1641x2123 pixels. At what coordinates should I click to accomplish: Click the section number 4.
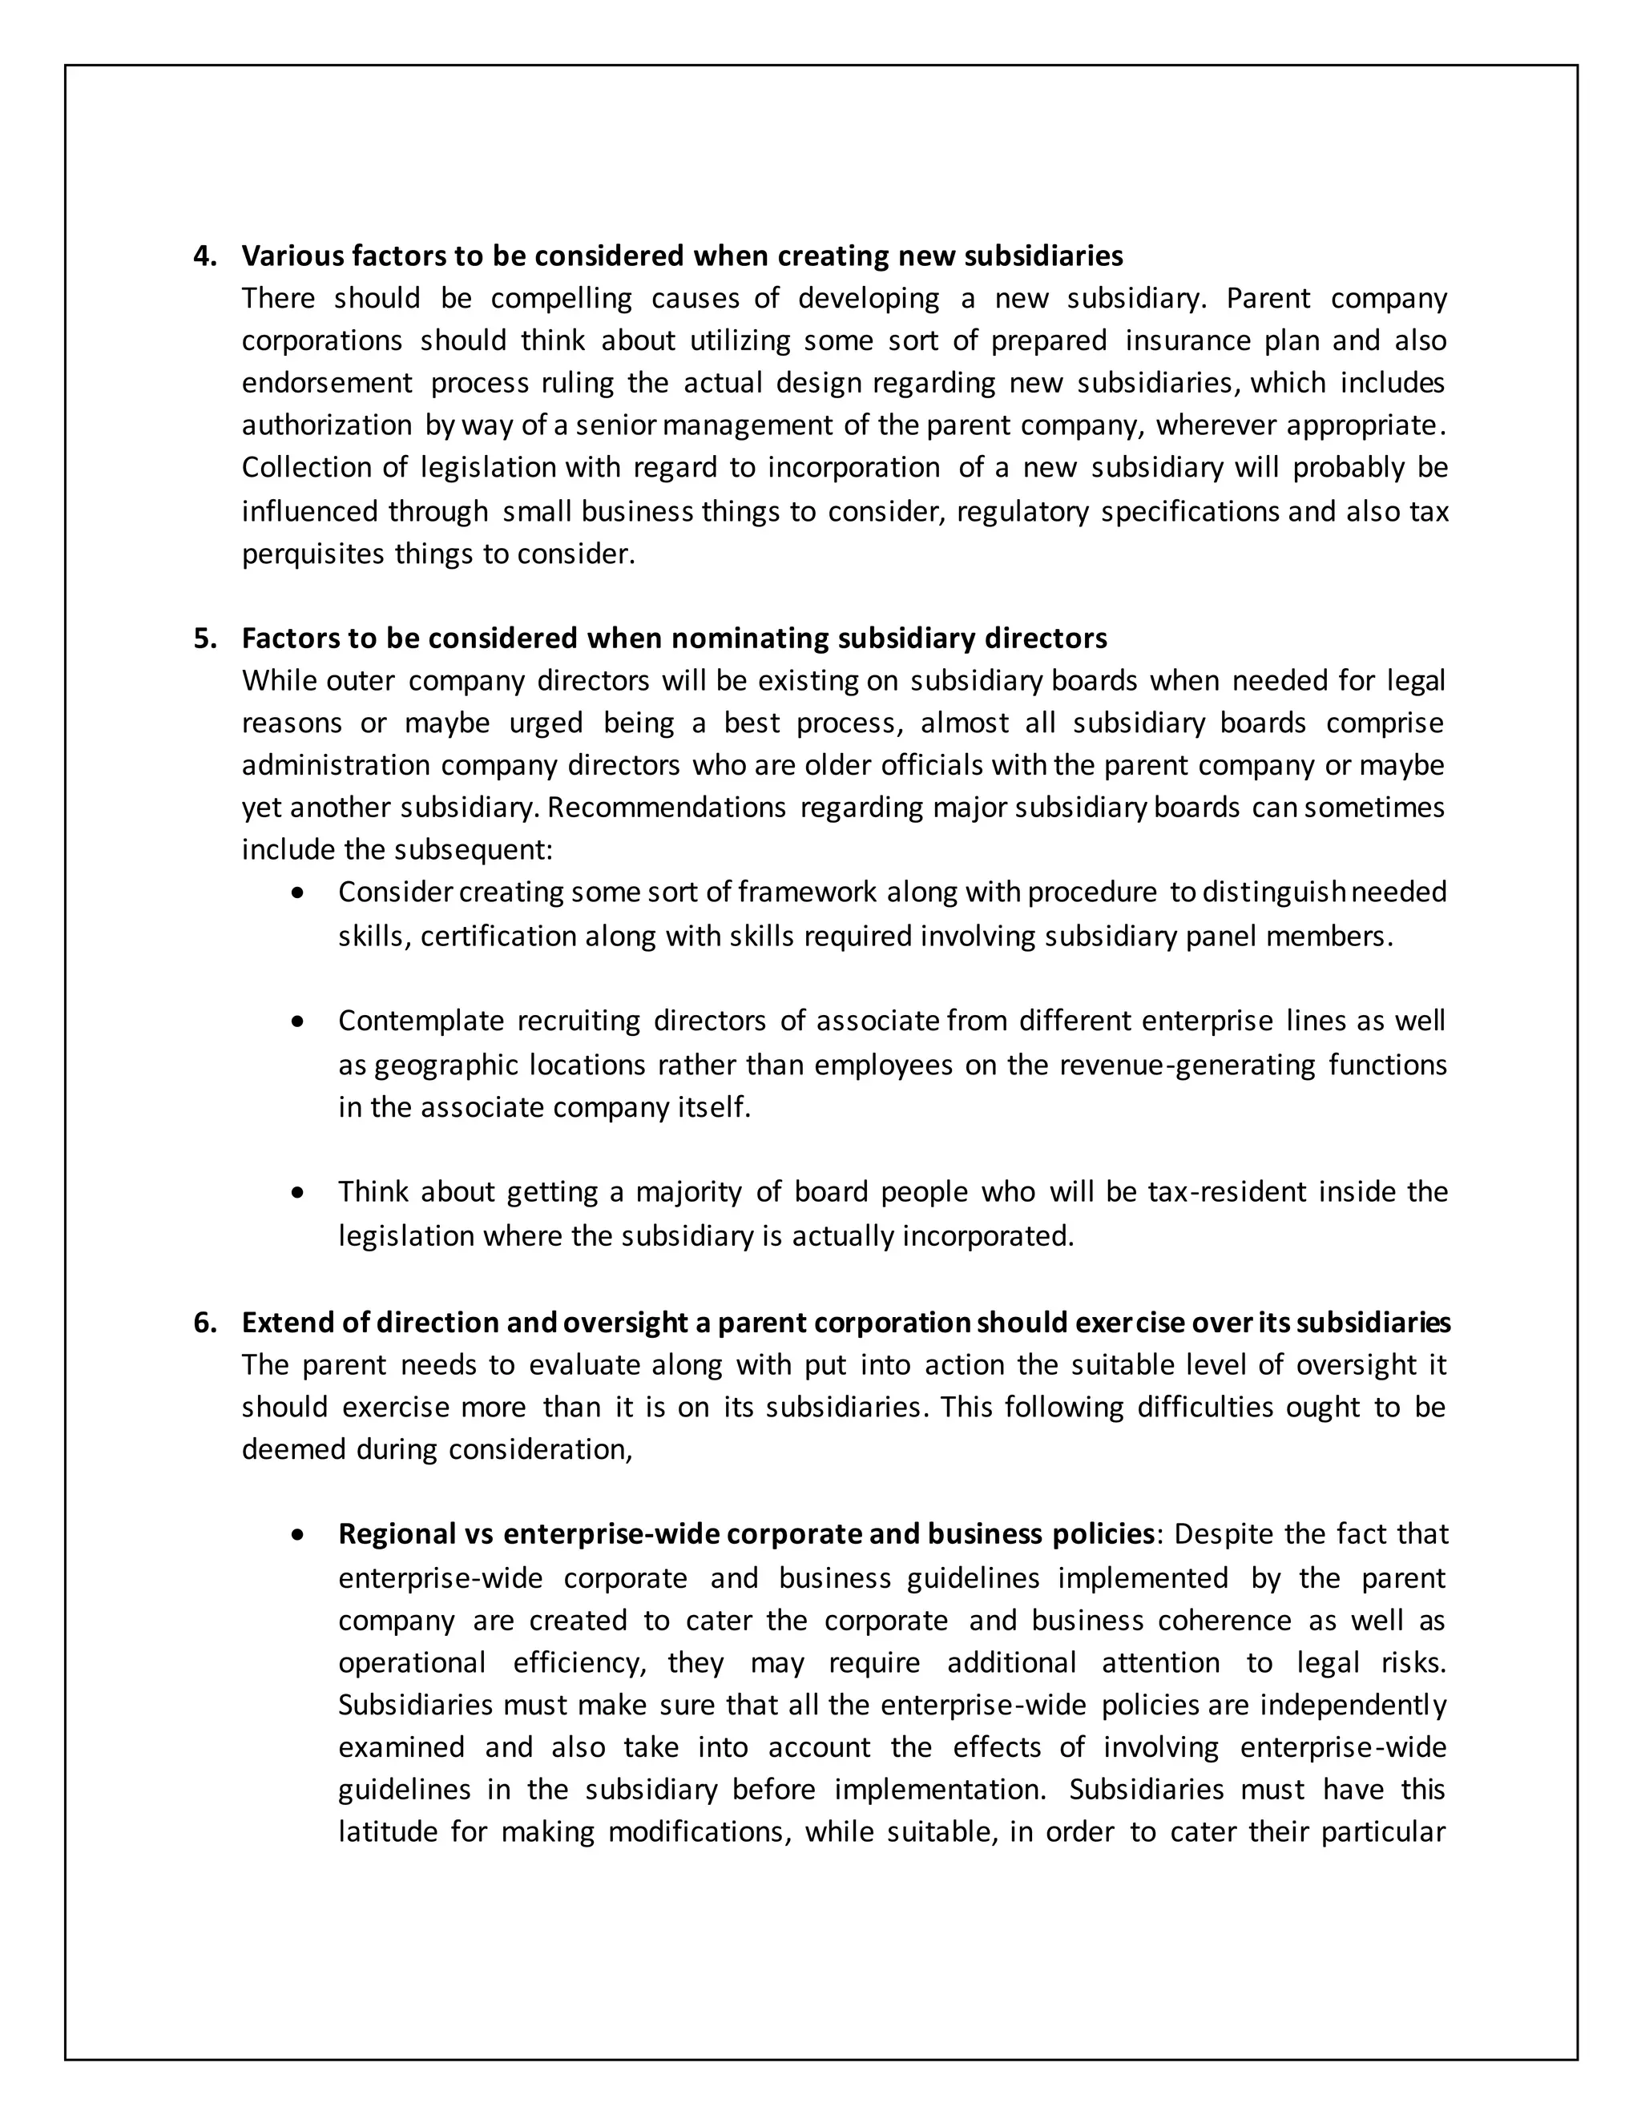tap(204, 256)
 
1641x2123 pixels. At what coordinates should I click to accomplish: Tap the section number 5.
tap(204, 639)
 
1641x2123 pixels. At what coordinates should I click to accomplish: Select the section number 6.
tap(204, 1323)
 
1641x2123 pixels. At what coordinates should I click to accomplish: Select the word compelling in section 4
tap(561, 299)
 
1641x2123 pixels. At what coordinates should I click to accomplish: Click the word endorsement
tap(327, 383)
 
